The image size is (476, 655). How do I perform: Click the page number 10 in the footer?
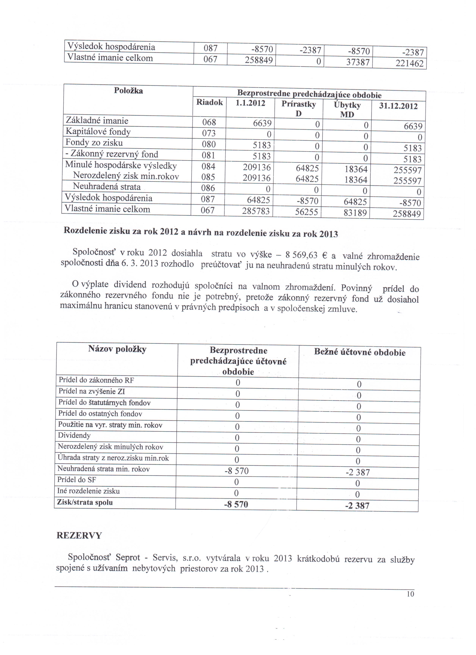(x=410, y=594)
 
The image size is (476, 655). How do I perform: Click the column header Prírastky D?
(x=299, y=109)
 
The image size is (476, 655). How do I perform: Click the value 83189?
(x=355, y=213)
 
